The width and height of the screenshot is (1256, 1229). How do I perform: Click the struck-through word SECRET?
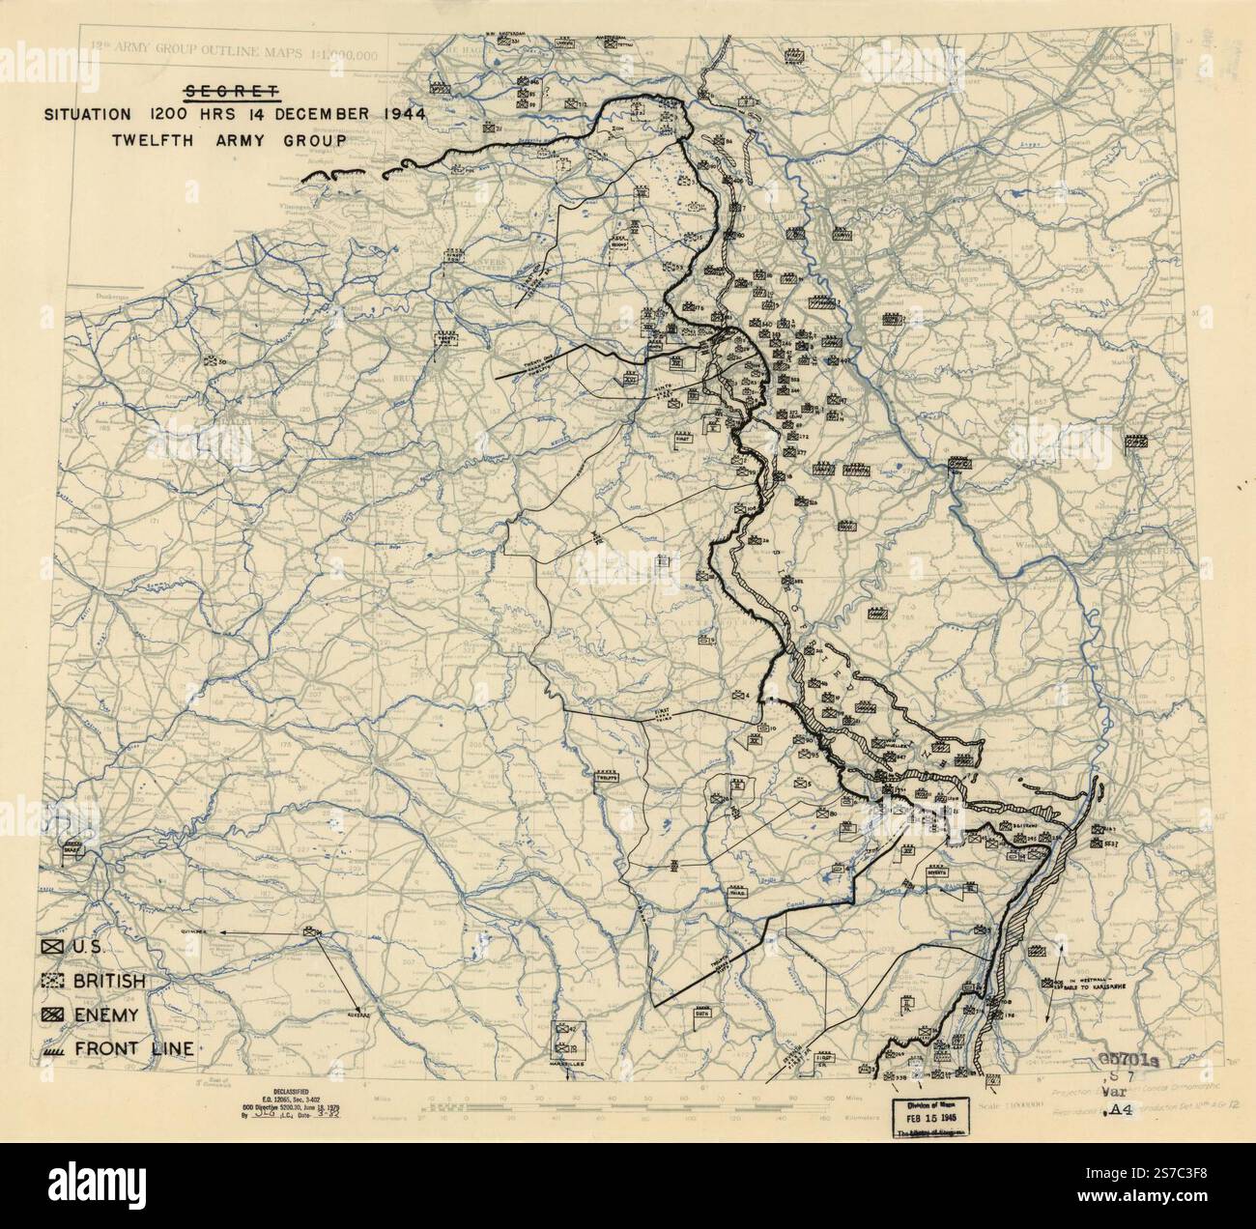click(x=232, y=91)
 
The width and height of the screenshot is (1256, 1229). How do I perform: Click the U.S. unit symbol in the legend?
click(x=53, y=948)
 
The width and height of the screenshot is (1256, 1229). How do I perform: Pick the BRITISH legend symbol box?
click(x=53, y=981)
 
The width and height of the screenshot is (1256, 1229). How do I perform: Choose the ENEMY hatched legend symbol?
click(x=53, y=1015)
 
